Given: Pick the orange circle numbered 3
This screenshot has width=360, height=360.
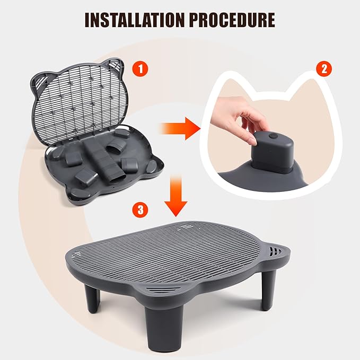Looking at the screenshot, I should [x=140, y=209].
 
